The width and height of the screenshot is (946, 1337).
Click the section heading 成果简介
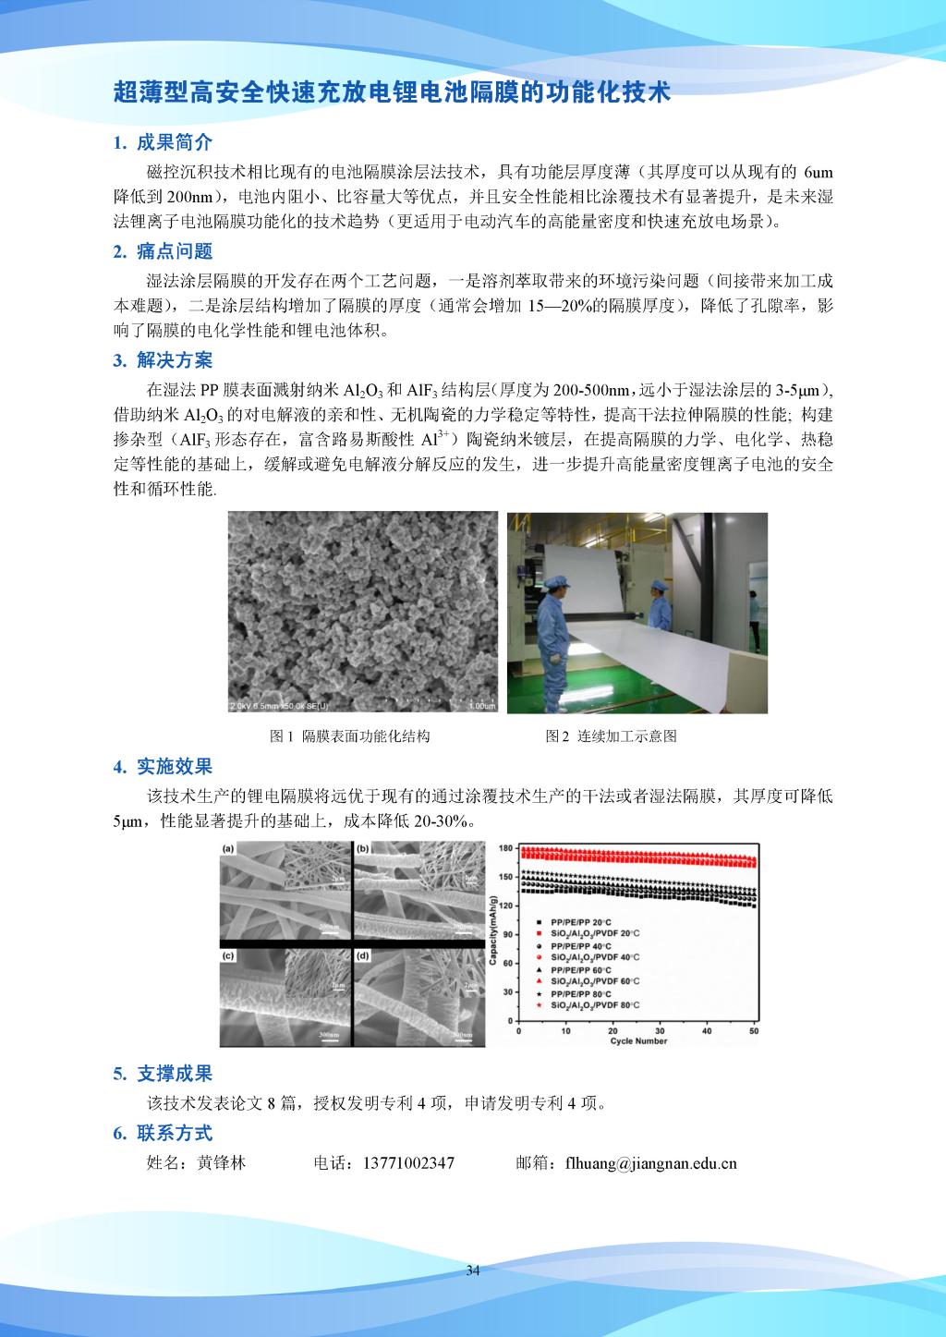tap(175, 142)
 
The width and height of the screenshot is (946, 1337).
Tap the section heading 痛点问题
tap(175, 251)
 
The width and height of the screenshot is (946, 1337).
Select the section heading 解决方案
tap(175, 360)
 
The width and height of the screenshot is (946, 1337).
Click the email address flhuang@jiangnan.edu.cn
tap(650, 1163)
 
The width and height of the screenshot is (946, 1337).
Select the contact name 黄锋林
tap(222, 1163)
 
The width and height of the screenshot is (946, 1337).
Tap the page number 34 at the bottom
tap(473, 1271)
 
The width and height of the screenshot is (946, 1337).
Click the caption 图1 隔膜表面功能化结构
tap(349, 736)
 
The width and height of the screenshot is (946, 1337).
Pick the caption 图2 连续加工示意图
tap(611, 736)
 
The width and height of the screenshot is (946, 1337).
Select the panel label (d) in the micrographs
tap(363, 955)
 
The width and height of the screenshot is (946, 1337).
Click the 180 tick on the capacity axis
tap(506, 848)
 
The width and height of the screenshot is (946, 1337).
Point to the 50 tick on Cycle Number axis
tap(754, 1030)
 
